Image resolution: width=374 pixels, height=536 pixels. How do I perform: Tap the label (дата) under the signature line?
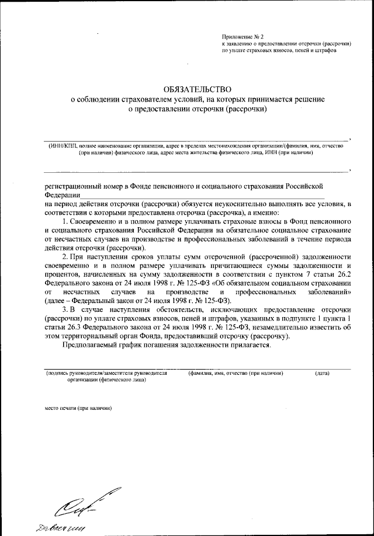pyautogui.click(x=322, y=373)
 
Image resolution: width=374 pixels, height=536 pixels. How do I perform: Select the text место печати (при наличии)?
pyautogui.click(x=77, y=408)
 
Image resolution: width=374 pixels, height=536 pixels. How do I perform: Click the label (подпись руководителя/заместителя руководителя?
pyautogui.click(x=106, y=373)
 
